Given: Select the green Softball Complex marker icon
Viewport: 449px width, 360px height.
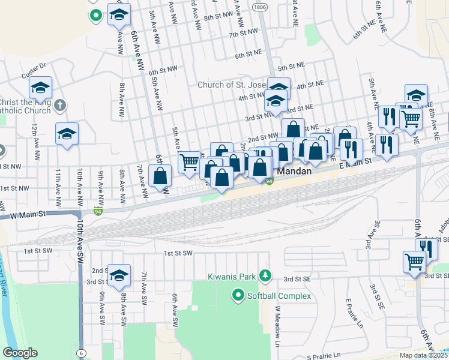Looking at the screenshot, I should [x=238, y=296].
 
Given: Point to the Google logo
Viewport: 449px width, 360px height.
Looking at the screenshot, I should [x=20, y=353].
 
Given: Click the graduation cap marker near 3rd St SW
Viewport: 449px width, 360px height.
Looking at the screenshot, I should [x=118, y=274].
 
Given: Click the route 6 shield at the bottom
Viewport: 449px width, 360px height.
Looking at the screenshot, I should [x=80, y=353].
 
